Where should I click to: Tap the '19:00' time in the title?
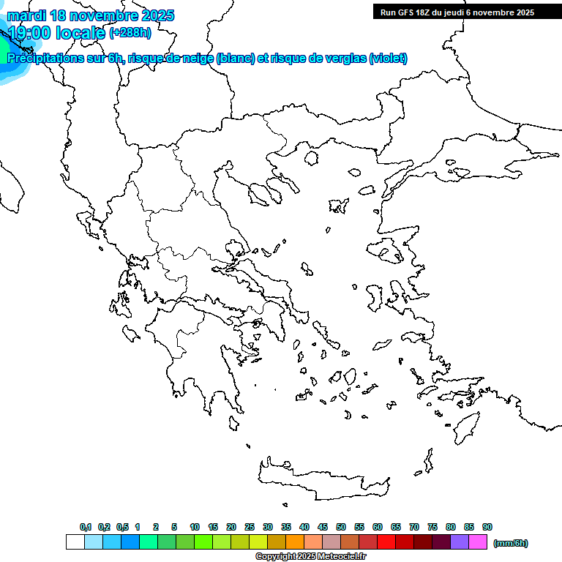(30, 33)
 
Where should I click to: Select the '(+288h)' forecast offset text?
(130, 33)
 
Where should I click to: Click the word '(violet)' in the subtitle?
(388, 59)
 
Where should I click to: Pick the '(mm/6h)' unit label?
(510, 543)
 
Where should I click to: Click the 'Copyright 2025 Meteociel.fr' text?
(310, 557)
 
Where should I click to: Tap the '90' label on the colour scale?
(487, 527)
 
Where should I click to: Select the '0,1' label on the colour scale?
(86, 527)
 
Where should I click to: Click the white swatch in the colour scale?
(75, 542)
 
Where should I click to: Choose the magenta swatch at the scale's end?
(478, 542)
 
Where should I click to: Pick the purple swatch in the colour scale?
(460, 542)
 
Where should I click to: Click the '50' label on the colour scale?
(341, 527)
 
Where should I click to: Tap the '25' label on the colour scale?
(250, 527)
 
